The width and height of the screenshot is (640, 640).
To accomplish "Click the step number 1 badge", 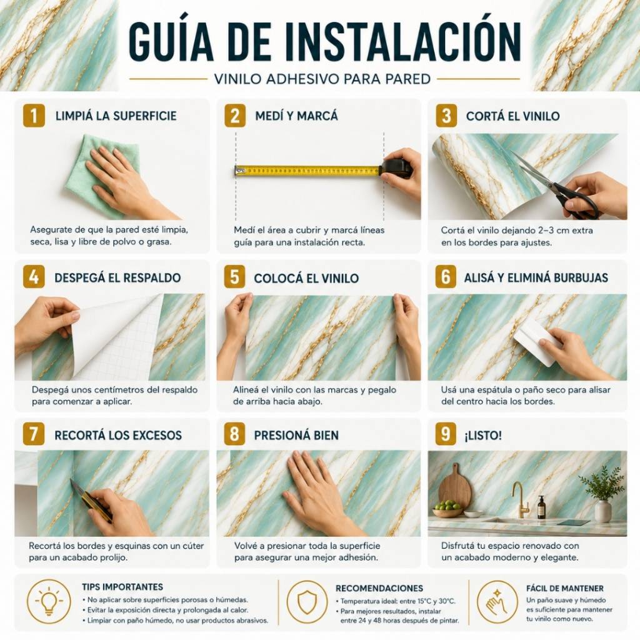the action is click(x=34, y=116).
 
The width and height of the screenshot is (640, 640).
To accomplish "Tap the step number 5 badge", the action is click(x=235, y=277).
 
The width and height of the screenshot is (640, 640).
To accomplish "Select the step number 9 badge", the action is click(x=446, y=434).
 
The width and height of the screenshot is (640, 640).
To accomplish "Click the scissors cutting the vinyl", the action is click(x=559, y=187).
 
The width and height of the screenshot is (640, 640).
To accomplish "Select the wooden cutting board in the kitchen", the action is click(x=454, y=487).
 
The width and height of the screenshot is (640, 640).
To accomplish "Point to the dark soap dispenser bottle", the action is click(x=541, y=507).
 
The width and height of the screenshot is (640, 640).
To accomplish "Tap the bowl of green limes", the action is click(x=447, y=508).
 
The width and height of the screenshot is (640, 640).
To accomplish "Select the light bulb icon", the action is click(x=49, y=602).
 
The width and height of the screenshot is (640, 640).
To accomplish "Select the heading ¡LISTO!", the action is click(x=483, y=435).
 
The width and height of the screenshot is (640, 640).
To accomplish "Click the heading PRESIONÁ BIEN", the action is click(x=296, y=435).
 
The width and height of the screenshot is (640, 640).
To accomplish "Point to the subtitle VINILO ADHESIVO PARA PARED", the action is click(x=322, y=79).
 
